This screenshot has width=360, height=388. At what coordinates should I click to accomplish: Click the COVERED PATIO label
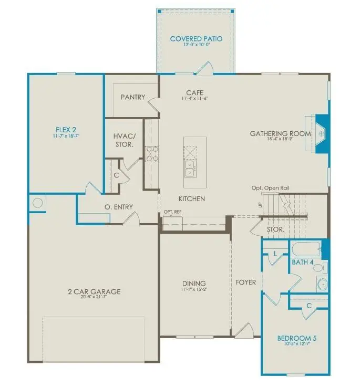196,39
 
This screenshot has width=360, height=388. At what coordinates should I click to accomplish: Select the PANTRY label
132,97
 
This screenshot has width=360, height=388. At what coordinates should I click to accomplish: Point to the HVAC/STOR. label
124,140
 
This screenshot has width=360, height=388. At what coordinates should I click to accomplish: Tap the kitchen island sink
190,169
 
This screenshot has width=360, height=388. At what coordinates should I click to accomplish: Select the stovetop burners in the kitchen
152,153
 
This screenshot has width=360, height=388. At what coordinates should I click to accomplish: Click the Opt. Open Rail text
270,188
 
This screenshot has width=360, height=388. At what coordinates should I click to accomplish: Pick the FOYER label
246,282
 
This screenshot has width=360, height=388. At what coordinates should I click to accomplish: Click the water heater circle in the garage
38,203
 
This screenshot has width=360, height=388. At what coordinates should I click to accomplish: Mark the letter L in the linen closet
275,254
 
